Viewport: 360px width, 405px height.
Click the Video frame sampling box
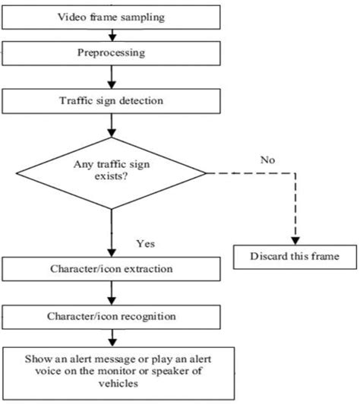[112, 16]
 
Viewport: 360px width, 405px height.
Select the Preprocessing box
[112, 52]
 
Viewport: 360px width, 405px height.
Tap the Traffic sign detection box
[112, 100]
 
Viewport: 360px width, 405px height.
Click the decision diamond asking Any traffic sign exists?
[112, 172]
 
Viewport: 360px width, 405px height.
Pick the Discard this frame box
[295, 257]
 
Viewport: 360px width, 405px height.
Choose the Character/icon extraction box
[112, 268]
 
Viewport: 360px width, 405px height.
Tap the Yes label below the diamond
[145, 244]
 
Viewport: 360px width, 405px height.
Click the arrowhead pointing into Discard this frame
[295, 238]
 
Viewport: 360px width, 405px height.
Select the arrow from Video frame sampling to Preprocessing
[112, 33]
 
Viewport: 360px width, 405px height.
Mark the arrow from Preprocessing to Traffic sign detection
[112, 76]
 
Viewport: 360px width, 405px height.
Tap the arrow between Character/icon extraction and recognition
[112, 291]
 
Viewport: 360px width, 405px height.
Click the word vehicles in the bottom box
[112, 384]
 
